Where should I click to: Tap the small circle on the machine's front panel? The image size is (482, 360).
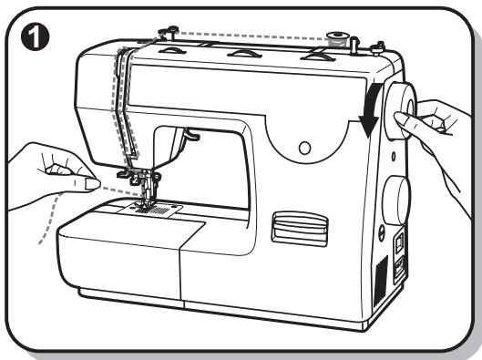(304, 146)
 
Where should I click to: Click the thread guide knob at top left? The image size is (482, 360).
(165, 33)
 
